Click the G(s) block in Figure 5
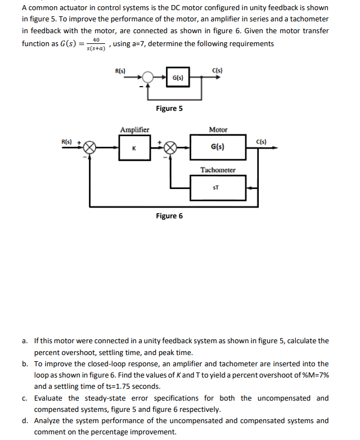(x=176, y=78)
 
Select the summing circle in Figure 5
(x=147, y=78)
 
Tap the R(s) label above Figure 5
(x=120, y=70)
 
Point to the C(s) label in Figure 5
(x=217, y=70)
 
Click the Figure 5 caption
(x=169, y=108)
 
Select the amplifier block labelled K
(x=134, y=148)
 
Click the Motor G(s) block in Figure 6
(x=218, y=147)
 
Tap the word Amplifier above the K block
(x=134, y=130)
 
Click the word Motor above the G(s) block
(x=218, y=130)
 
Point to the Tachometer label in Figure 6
(x=218, y=170)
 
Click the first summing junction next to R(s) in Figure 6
(x=89, y=148)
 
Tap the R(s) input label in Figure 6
(x=67, y=141)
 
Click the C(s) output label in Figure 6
(x=262, y=141)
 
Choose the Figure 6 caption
(x=169, y=215)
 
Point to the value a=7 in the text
(x=137, y=44)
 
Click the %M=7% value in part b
(x=314, y=375)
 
